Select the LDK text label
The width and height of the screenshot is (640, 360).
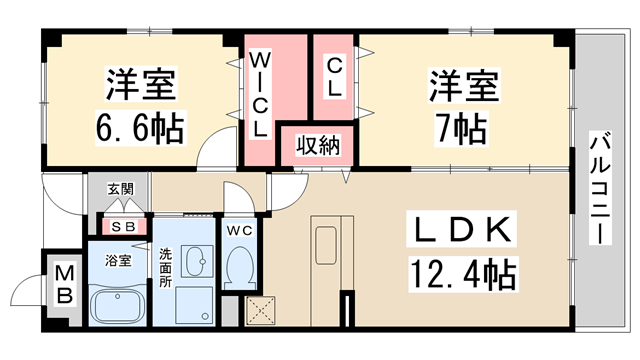tap(461, 231)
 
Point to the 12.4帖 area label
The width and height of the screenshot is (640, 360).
tap(461, 271)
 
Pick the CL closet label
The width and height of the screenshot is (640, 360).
tap(334, 76)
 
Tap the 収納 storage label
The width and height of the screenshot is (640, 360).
tap(316, 146)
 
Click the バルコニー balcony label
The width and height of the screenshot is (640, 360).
tap(600, 190)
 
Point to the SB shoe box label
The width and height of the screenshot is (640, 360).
tap(124, 225)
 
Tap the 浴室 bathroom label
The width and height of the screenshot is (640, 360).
tap(119, 261)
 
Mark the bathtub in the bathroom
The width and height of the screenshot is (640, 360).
tap(119, 304)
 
